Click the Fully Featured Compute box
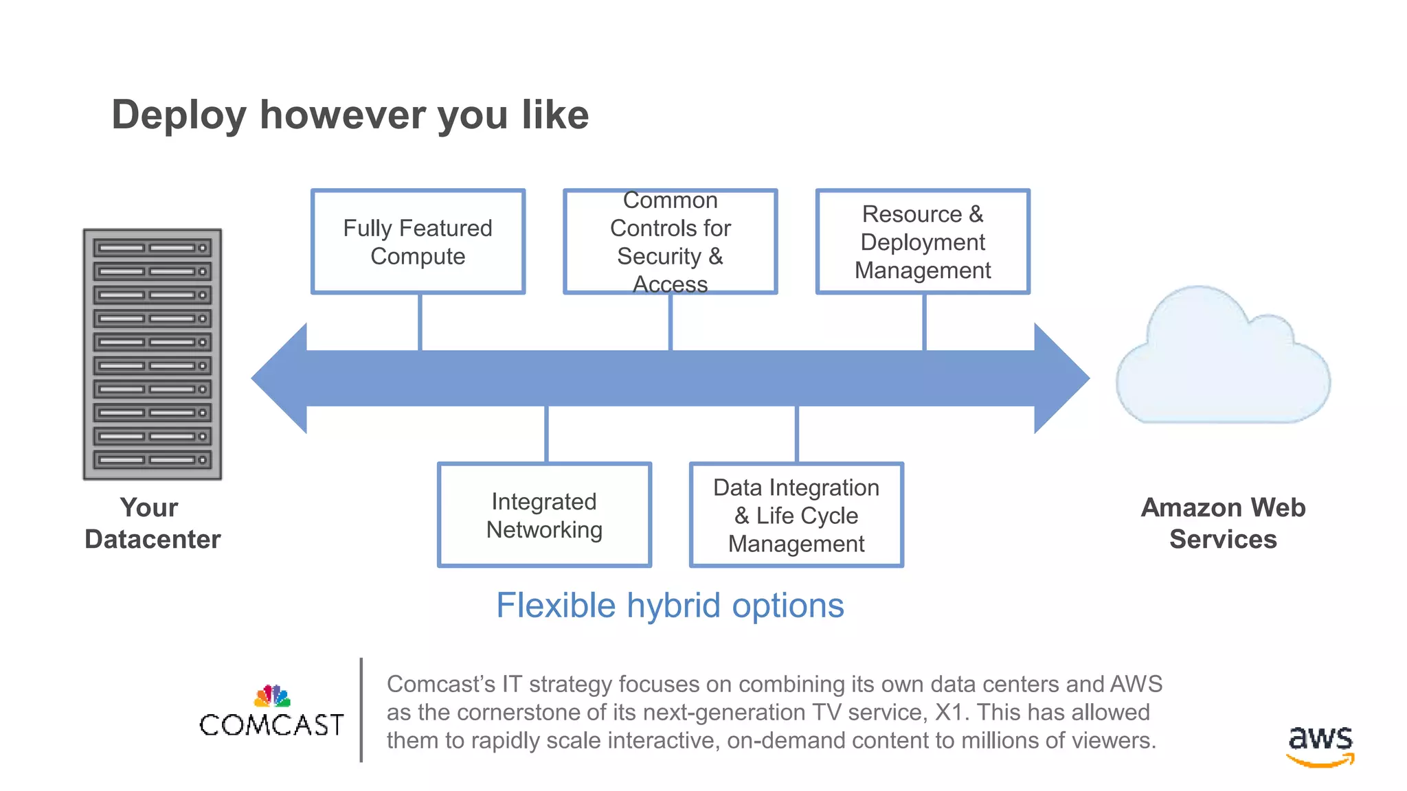pos(418,242)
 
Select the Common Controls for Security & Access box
pos(670,242)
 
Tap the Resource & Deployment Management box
pos(923,242)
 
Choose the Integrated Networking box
pos(544,515)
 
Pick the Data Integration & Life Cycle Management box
pos(796,515)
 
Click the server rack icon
pos(153,354)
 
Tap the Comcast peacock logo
pos(273,696)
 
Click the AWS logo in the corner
pos(1320,746)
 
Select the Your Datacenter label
pos(152,523)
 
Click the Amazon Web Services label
pos(1223,523)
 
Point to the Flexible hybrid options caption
pos(670,606)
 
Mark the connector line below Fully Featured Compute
pos(420,322)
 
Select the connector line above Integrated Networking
pos(546,434)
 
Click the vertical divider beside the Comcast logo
pos(361,710)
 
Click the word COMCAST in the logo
pos(271,725)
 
